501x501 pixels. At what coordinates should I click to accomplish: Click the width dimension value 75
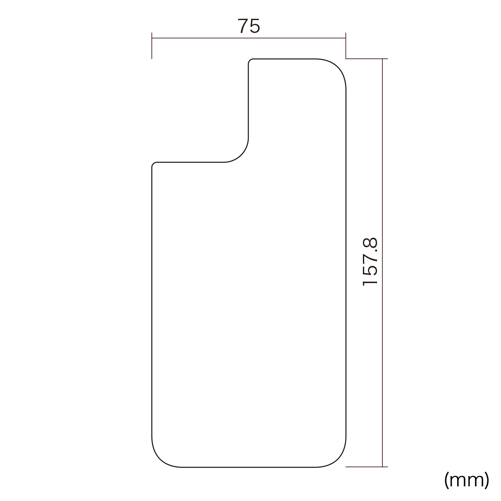[x=249, y=26]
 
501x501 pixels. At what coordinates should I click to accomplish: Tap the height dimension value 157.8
[x=370, y=261]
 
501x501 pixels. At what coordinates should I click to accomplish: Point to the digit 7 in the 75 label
[x=243, y=26]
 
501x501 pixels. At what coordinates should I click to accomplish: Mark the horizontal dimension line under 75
[x=249, y=38]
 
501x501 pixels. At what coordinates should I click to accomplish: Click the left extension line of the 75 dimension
[x=152, y=45]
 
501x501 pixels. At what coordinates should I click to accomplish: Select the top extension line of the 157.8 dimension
[x=367, y=59]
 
